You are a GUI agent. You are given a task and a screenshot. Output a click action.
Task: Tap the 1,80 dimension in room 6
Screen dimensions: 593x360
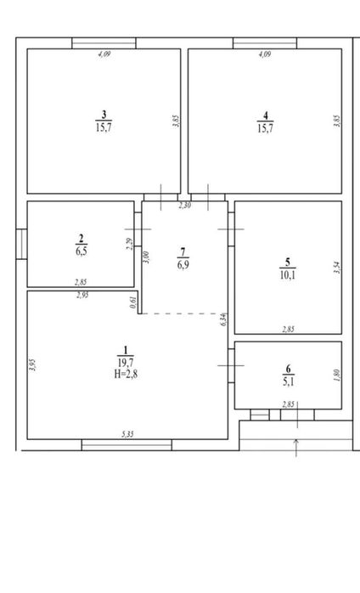coord(337,375)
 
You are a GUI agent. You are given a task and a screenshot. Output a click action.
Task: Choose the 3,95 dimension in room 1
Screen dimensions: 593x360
coord(32,365)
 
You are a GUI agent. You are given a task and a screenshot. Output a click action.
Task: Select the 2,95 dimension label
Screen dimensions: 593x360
coord(82,295)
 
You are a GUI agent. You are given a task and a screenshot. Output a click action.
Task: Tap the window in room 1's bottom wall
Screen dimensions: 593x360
coord(127,444)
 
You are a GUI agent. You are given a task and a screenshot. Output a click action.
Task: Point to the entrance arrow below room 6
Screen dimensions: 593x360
coord(295,447)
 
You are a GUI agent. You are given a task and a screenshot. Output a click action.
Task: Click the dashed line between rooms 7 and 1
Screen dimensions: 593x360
coord(182,313)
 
